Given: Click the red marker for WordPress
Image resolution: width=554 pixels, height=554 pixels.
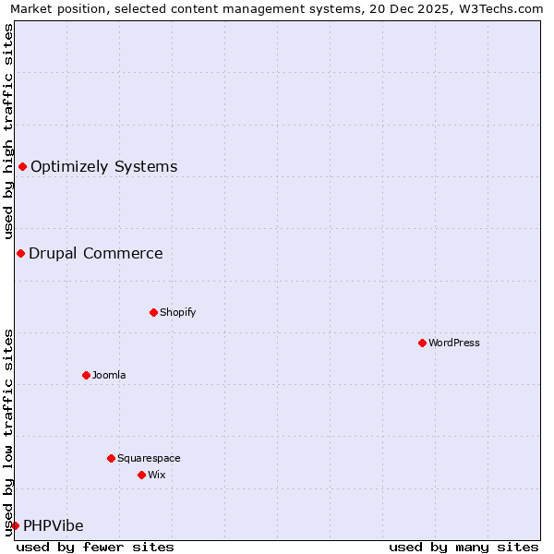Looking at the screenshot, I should [422, 343].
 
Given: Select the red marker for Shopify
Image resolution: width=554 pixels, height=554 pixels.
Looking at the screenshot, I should [153, 312].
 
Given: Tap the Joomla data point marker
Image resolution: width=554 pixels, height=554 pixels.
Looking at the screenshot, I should [86, 375].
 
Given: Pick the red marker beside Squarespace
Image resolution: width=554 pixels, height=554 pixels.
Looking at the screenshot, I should [111, 458].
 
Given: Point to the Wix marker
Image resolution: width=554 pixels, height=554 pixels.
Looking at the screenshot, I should [141, 475].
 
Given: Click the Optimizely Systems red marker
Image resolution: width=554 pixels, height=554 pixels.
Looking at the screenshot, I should [22, 166].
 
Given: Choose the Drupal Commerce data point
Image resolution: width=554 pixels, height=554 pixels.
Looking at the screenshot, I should [20, 253].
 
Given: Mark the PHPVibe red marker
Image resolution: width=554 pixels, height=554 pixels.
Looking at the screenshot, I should [15, 525].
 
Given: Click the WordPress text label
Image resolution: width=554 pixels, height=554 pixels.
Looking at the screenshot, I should [454, 343].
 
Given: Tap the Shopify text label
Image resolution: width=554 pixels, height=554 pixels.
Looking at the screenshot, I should [178, 312].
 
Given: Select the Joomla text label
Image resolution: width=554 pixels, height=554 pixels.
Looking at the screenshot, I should [109, 375].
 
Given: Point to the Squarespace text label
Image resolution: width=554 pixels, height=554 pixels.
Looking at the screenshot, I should [149, 458].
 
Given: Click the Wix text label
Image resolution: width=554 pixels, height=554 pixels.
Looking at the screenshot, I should [157, 475].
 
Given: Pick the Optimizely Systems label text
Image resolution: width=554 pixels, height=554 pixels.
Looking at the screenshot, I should [103, 166].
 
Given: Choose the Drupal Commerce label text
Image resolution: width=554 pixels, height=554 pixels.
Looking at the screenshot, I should [95, 253].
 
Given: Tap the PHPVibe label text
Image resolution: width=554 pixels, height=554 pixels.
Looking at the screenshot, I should [53, 525].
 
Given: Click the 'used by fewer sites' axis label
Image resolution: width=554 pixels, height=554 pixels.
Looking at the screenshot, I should [95, 547].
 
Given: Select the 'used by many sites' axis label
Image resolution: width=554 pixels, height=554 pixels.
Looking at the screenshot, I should [464, 547].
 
